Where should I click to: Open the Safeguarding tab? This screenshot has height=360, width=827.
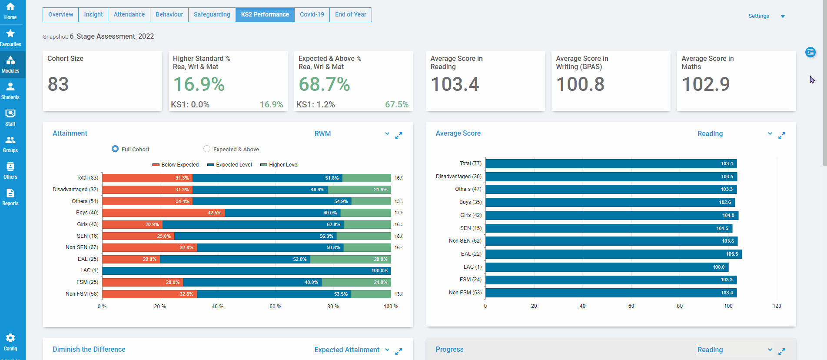click(212, 14)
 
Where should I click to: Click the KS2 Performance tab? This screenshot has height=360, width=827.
click(265, 14)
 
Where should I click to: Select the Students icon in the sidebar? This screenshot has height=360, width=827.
click(10, 91)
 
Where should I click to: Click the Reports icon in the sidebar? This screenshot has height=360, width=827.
click(10, 197)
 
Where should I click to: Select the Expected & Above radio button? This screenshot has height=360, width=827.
click(207, 149)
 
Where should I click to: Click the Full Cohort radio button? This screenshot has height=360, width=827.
click(115, 149)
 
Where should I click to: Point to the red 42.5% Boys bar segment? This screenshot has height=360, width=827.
click(163, 213)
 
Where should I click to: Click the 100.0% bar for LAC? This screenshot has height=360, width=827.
click(246, 270)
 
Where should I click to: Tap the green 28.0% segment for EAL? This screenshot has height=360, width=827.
click(350, 259)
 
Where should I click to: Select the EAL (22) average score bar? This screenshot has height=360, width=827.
click(613, 254)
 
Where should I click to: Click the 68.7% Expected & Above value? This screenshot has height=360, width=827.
click(324, 84)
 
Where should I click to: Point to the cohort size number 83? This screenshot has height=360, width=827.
click(58, 84)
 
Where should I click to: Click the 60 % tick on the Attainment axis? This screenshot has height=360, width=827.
click(275, 307)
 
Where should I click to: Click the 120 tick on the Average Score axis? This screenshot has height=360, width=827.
click(777, 306)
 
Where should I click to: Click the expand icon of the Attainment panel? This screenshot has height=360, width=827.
click(399, 136)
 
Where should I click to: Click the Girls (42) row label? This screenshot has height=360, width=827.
click(471, 215)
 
